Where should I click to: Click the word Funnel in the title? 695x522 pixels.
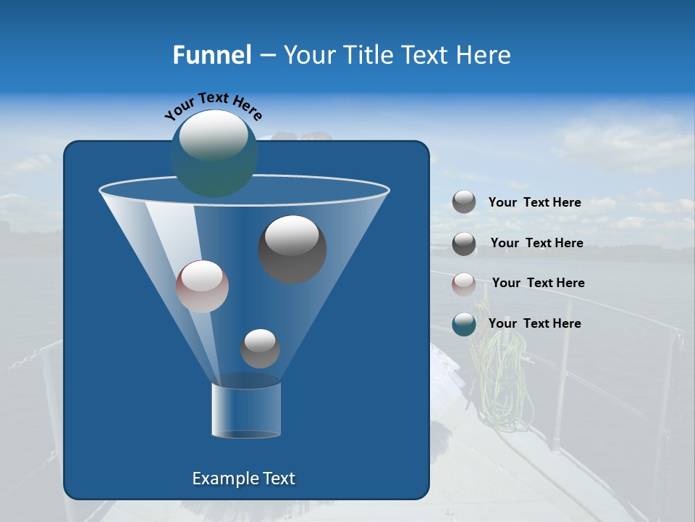coord(211,55)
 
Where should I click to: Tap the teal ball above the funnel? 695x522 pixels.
coord(214,154)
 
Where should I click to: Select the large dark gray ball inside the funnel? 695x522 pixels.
coord(292,249)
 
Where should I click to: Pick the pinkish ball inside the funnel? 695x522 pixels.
coord(202,286)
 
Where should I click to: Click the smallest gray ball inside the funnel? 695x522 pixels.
coord(260,348)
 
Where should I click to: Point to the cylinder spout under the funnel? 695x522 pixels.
coord(246,410)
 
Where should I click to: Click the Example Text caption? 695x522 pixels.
coord(243,478)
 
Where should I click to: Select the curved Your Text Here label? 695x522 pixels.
coord(213,105)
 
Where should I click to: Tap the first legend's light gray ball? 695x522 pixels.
coord(464,202)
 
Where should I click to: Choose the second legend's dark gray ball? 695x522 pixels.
coord(464,244)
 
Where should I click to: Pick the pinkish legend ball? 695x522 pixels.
coord(464,284)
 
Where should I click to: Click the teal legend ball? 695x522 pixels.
coord(464,324)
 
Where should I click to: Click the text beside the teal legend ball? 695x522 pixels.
coord(534,323)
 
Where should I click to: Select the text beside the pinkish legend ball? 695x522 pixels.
coord(538,283)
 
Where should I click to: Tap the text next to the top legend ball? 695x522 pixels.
coord(534,202)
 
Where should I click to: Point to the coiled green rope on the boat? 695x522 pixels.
coord(500,377)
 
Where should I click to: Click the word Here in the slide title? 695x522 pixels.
coord(484,55)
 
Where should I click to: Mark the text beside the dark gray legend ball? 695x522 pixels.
coord(536,243)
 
